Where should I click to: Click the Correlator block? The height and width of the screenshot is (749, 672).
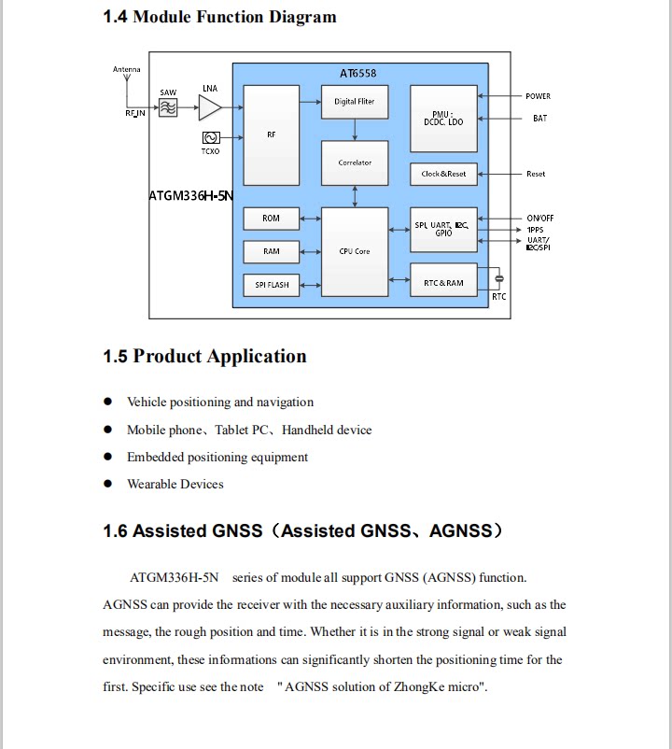pos(355,163)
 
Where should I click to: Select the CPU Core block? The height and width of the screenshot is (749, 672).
pos(355,252)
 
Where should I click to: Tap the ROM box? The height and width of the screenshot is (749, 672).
pos(271,219)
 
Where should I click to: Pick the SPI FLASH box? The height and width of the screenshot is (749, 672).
pos(271,285)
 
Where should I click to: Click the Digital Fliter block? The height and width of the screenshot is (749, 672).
pos(355,102)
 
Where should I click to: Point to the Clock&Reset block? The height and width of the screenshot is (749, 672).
pos(443,174)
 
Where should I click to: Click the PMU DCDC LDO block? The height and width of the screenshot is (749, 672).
pos(443,119)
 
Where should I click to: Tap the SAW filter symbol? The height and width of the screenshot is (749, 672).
pos(168,107)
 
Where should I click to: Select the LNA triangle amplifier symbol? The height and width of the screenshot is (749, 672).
pos(210,107)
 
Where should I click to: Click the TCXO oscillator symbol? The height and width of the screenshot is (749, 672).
pos(211,137)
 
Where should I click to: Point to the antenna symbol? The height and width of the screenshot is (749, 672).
pos(127,78)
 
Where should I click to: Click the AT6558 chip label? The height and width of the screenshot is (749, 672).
pos(358,74)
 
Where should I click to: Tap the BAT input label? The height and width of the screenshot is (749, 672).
pos(539,119)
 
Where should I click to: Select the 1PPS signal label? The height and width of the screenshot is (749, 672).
pos(535,230)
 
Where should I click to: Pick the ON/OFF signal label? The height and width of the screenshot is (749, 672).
pos(540,219)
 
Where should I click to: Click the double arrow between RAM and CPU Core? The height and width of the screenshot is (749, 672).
pos(310,252)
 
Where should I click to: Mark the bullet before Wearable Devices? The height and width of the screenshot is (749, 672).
pos(108,484)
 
